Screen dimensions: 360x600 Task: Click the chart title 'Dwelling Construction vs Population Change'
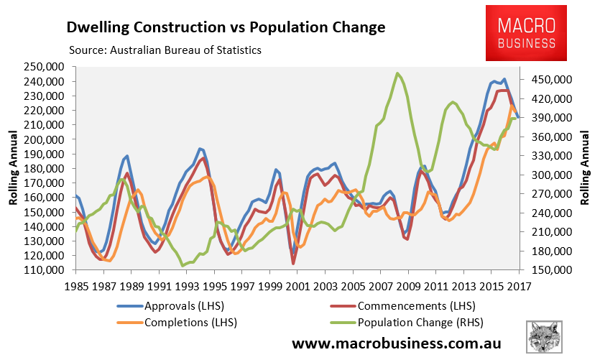coord(226,28)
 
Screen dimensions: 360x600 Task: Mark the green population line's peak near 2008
coord(397,73)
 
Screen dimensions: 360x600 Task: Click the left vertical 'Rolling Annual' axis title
coord(13,168)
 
